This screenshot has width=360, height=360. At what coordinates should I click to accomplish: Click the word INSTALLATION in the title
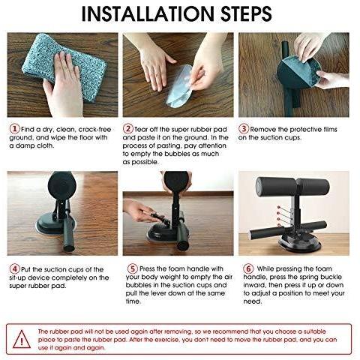point(148,13)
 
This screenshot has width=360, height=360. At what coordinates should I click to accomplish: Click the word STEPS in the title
point(246,13)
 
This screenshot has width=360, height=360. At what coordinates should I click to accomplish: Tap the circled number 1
point(14,129)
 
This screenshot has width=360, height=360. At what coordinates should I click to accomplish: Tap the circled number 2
point(127,129)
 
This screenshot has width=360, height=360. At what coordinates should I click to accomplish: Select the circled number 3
point(243,129)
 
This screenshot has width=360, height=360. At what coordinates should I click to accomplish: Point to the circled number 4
point(14,269)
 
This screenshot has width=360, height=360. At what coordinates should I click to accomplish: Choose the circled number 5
point(133,268)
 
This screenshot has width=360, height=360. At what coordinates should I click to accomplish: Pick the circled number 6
point(248,268)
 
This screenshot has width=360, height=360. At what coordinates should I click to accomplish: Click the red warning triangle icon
point(22,340)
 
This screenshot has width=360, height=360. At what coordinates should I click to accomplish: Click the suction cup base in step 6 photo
point(299,242)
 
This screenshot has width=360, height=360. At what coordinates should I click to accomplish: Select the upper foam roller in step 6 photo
point(292,187)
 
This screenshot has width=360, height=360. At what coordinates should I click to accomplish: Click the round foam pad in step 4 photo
point(61,184)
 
